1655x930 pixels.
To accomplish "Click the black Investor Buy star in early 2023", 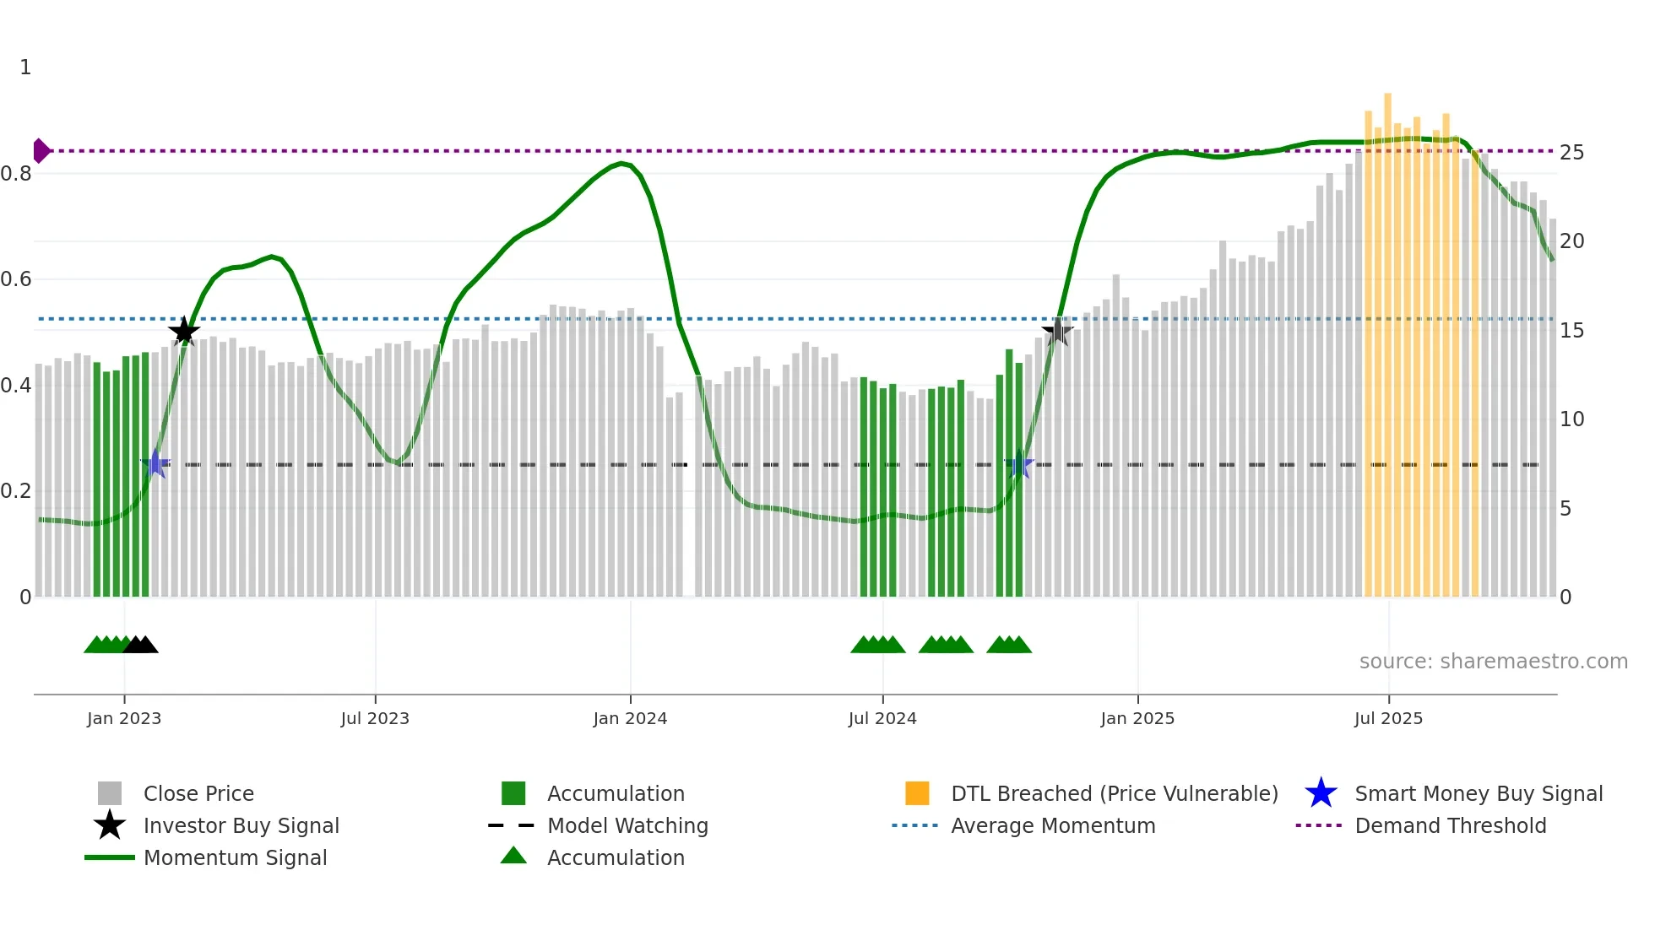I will pyautogui.click(x=184, y=332).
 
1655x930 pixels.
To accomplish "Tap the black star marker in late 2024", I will pyautogui.click(x=1057, y=332).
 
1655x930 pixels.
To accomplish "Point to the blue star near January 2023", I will pyautogui.click(x=155, y=464).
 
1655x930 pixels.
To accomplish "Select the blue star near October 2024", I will pyautogui.click(x=1019, y=464).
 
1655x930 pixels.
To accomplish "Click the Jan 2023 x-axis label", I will pyautogui.click(x=124, y=719).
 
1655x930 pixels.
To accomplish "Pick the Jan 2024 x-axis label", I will pyautogui.click(x=630, y=719).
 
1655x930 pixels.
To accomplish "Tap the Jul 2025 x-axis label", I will pyautogui.click(x=1388, y=719).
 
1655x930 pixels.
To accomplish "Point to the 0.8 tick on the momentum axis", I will pyautogui.click(x=16, y=174).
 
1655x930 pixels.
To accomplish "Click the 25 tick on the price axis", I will pyautogui.click(x=1571, y=153).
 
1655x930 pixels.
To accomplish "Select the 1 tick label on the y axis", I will pyautogui.click(x=25, y=68).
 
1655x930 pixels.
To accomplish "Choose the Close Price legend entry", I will pyautogui.click(x=198, y=794).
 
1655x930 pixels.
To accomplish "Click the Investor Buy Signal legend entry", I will pyautogui.click(x=241, y=826).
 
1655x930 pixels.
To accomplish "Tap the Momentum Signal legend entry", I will pyautogui.click(x=235, y=858).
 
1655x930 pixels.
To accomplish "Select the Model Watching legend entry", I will pyautogui.click(x=627, y=826).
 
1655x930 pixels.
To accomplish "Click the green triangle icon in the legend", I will pyautogui.click(x=513, y=856).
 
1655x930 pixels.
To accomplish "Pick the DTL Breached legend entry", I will pyautogui.click(x=1114, y=794).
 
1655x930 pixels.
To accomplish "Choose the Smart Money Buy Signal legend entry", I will pyautogui.click(x=1478, y=794).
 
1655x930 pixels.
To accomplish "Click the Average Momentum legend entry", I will pyautogui.click(x=1053, y=826).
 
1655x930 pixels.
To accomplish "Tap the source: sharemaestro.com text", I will pyautogui.click(x=1493, y=662).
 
